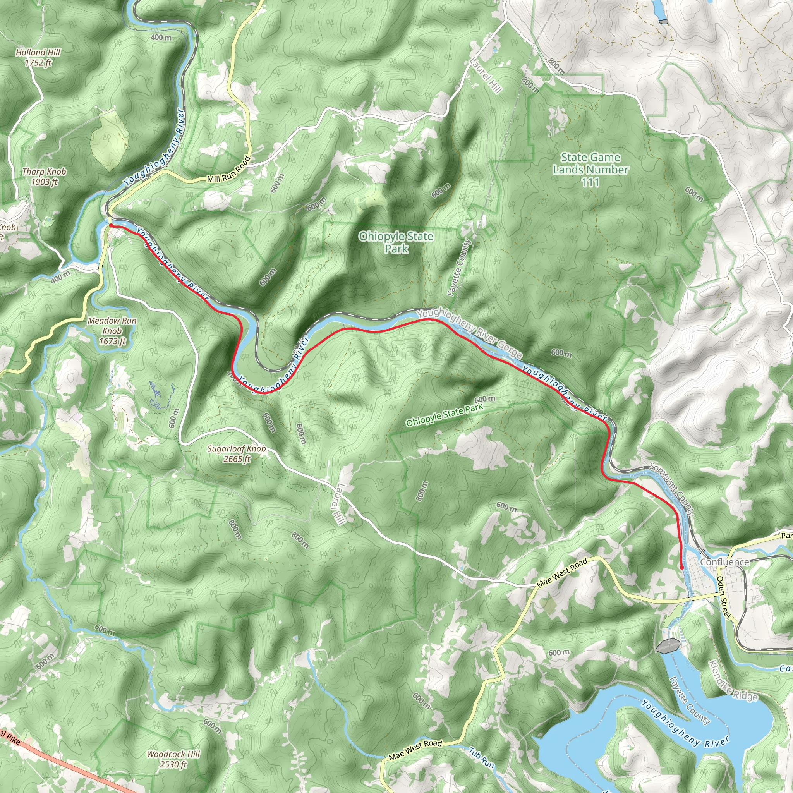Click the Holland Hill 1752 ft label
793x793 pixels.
(38, 57)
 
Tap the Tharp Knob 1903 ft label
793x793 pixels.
(44, 177)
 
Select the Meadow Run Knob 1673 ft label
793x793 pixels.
(112, 331)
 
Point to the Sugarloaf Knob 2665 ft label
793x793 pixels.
(237, 453)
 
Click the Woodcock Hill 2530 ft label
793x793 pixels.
(173, 759)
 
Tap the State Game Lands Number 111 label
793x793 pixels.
(590, 170)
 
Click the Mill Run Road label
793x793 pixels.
(228, 169)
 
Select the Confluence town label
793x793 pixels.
(724, 562)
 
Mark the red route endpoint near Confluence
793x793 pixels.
(682, 568)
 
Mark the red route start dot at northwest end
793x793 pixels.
(111, 225)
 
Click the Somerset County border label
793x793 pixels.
(672, 489)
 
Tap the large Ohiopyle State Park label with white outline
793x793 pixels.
(396, 242)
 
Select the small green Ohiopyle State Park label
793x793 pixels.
(444, 415)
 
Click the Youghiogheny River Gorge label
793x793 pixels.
(469, 334)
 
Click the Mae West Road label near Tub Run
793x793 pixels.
(415, 750)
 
